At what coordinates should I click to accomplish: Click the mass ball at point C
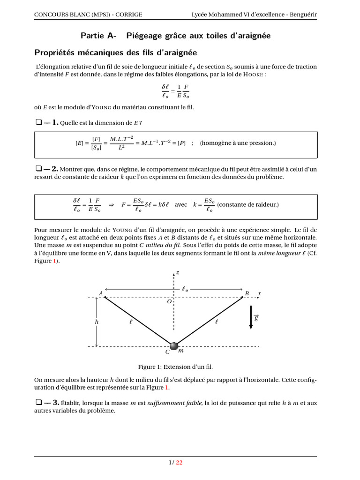click(174, 346)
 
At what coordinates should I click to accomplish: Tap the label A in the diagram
click(100, 293)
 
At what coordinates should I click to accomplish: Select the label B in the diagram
click(247, 293)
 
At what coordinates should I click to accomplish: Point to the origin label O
click(169, 302)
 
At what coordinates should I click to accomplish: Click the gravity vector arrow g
click(251, 317)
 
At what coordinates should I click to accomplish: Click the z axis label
click(178, 272)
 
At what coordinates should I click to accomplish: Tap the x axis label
click(259, 293)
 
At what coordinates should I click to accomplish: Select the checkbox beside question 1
click(38, 123)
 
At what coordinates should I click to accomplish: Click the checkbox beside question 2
click(38, 168)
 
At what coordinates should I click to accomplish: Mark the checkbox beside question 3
click(38, 402)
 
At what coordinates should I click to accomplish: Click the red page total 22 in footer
click(179, 462)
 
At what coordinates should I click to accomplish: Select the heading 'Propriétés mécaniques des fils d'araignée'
click(116, 52)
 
